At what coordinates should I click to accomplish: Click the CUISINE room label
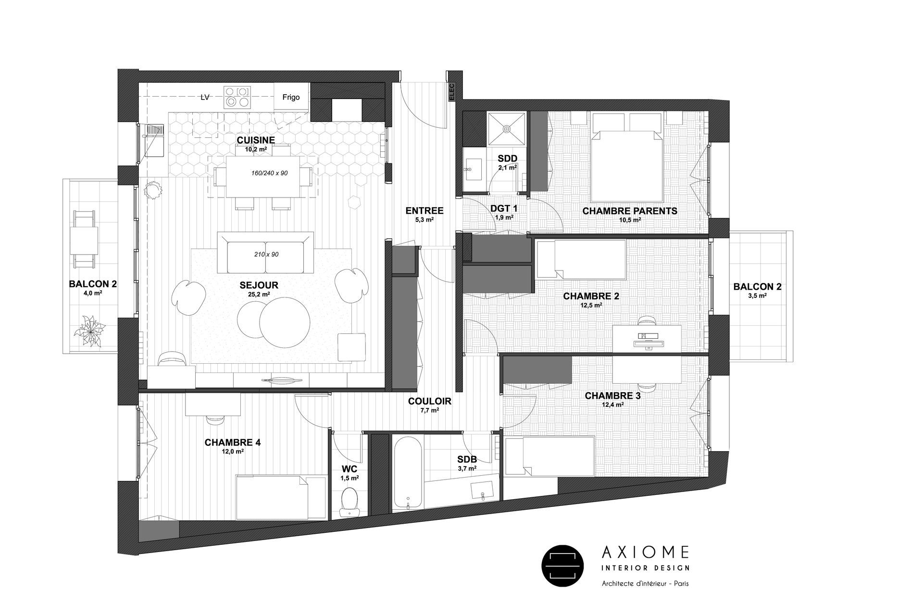pyautogui.click(x=255, y=140)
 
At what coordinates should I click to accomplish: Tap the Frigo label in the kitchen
pyautogui.click(x=291, y=97)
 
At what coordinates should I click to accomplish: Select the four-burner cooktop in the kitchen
pyautogui.click(x=237, y=97)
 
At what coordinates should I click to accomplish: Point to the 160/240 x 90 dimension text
pyautogui.click(x=270, y=173)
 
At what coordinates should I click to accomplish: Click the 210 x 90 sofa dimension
pyautogui.click(x=266, y=254)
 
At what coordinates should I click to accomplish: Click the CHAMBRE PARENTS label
pyautogui.click(x=629, y=211)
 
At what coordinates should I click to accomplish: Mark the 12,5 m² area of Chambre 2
pyautogui.click(x=591, y=305)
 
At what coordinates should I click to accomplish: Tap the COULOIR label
pyautogui.click(x=429, y=401)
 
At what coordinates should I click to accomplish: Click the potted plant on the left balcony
pyautogui.click(x=90, y=330)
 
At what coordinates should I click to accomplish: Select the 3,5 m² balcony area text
pyautogui.click(x=757, y=296)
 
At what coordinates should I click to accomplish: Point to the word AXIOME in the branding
pyautogui.click(x=645, y=553)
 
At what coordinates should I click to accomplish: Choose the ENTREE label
pyautogui.click(x=424, y=211)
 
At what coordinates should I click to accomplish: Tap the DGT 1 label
pyautogui.click(x=504, y=209)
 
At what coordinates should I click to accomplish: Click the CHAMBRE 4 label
pyautogui.click(x=232, y=443)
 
